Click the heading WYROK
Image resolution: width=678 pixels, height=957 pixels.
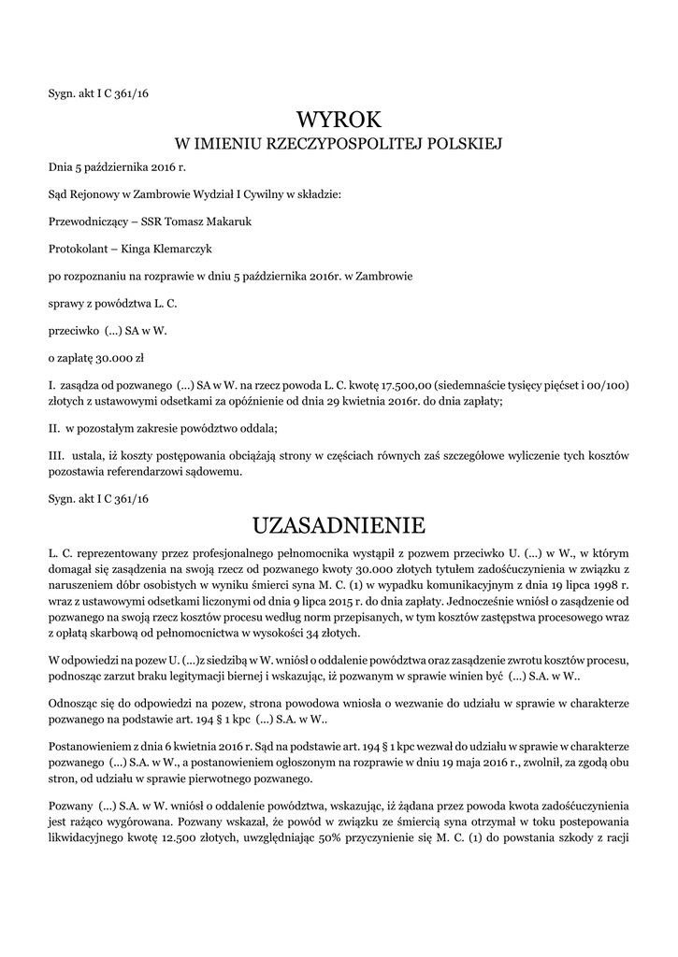click(339, 119)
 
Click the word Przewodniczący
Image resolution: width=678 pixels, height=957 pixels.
click(85, 222)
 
